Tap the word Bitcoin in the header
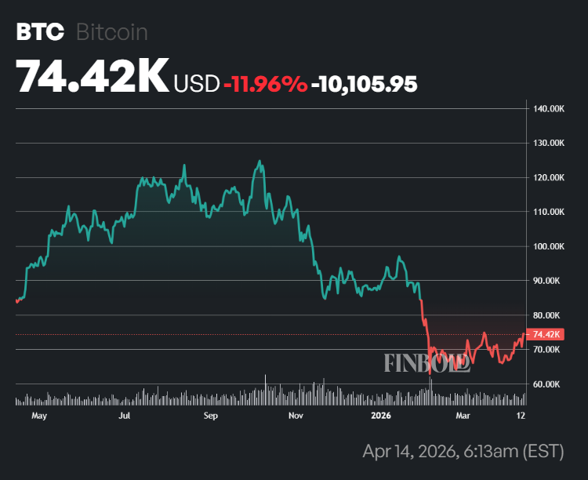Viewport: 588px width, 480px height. [x=112, y=32]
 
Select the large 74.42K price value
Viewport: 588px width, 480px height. [x=92, y=76]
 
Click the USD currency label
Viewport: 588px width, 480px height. [x=197, y=82]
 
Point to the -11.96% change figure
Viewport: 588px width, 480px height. [x=265, y=82]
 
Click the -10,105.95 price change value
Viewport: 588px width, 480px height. [x=364, y=82]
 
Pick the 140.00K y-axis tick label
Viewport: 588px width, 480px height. [x=548, y=108]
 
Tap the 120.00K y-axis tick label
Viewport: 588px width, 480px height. [x=548, y=177]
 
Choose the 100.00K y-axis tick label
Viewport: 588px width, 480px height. [x=548, y=246]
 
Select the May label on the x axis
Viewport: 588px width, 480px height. [x=38, y=416]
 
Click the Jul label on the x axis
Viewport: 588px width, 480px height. [x=125, y=416]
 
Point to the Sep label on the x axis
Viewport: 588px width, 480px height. [x=210, y=416]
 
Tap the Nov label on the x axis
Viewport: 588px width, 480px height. [x=296, y=416]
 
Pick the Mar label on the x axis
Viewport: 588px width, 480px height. [x=463, y=416]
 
